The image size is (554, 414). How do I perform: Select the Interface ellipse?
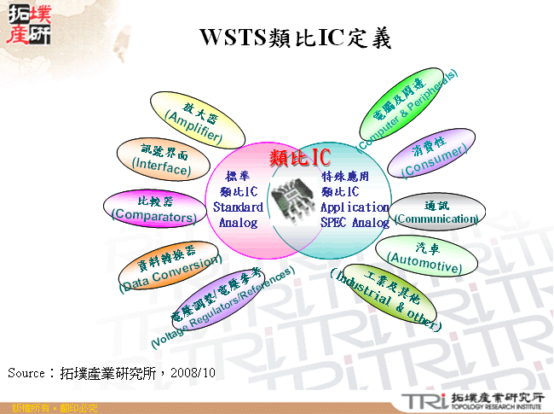[x=161, y=160]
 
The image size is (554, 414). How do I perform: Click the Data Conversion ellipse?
[x=169, y=265]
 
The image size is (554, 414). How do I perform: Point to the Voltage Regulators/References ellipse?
[x=223, y=303]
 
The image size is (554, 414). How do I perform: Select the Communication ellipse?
[x=436, y=212]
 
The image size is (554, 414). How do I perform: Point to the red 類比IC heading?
[x=299, y=158]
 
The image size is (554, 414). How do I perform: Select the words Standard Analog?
[x=238, y=215]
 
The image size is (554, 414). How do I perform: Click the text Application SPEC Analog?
[x=355, y=215]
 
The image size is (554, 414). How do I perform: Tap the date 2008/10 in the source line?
[x=193, y=373]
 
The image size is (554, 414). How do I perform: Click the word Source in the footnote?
[x=26, y=373]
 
